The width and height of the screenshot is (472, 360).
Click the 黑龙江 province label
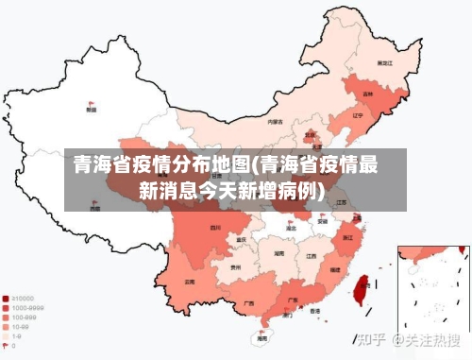coord(383,62)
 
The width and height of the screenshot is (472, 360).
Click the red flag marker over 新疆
coord(91,103)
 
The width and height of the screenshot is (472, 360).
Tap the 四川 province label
coord(215,227)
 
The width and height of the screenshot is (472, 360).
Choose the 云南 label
coord(191,281)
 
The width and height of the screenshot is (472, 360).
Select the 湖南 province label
coord(278,253)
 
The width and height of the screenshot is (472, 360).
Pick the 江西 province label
coord(311,255)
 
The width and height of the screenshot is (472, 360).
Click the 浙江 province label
coord(348,236)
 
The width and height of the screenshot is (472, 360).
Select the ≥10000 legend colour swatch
coord(7,298)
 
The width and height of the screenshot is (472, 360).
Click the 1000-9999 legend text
coord(27,308)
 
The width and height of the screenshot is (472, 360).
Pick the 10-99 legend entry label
coord(22,327)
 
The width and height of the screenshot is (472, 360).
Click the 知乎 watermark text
coord(370,339)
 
